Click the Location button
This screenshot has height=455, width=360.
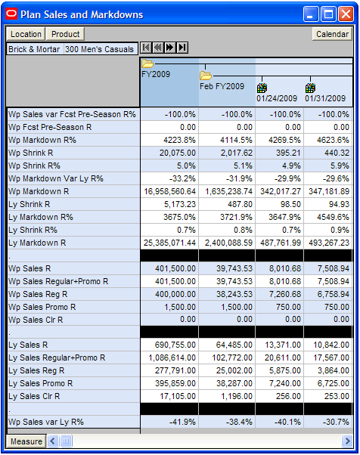26,34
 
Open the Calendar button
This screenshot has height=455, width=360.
333,34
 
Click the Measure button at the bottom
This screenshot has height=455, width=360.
26,441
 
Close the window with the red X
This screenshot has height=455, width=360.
346,14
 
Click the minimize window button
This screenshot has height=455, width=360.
311,14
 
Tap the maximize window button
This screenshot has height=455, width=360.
328,14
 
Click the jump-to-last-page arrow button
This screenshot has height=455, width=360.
182,48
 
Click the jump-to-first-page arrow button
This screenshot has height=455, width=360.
146,48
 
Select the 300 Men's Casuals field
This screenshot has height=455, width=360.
100,49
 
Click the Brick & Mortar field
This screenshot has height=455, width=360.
34,49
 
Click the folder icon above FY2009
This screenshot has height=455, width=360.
147,63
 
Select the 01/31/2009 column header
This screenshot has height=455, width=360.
325,98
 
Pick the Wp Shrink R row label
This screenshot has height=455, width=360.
31,153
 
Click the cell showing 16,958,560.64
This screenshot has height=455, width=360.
169,191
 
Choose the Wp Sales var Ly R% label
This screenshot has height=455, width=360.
46,422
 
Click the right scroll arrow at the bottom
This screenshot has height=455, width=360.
347,441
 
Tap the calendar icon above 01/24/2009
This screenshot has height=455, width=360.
262,88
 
